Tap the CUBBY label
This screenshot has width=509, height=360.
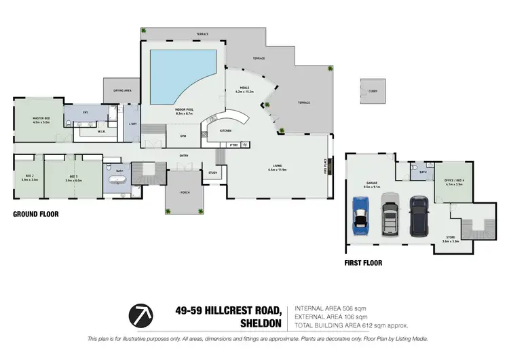(373, 91)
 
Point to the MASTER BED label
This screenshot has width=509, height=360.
(42, 120)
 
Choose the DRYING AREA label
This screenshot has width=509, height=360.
(122, 90)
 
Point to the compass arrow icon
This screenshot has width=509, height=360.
(140, 314)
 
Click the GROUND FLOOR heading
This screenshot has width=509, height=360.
(36, 214)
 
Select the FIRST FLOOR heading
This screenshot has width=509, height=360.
(363, 263)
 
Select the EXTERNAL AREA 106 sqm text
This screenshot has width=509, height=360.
(330, 317)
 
